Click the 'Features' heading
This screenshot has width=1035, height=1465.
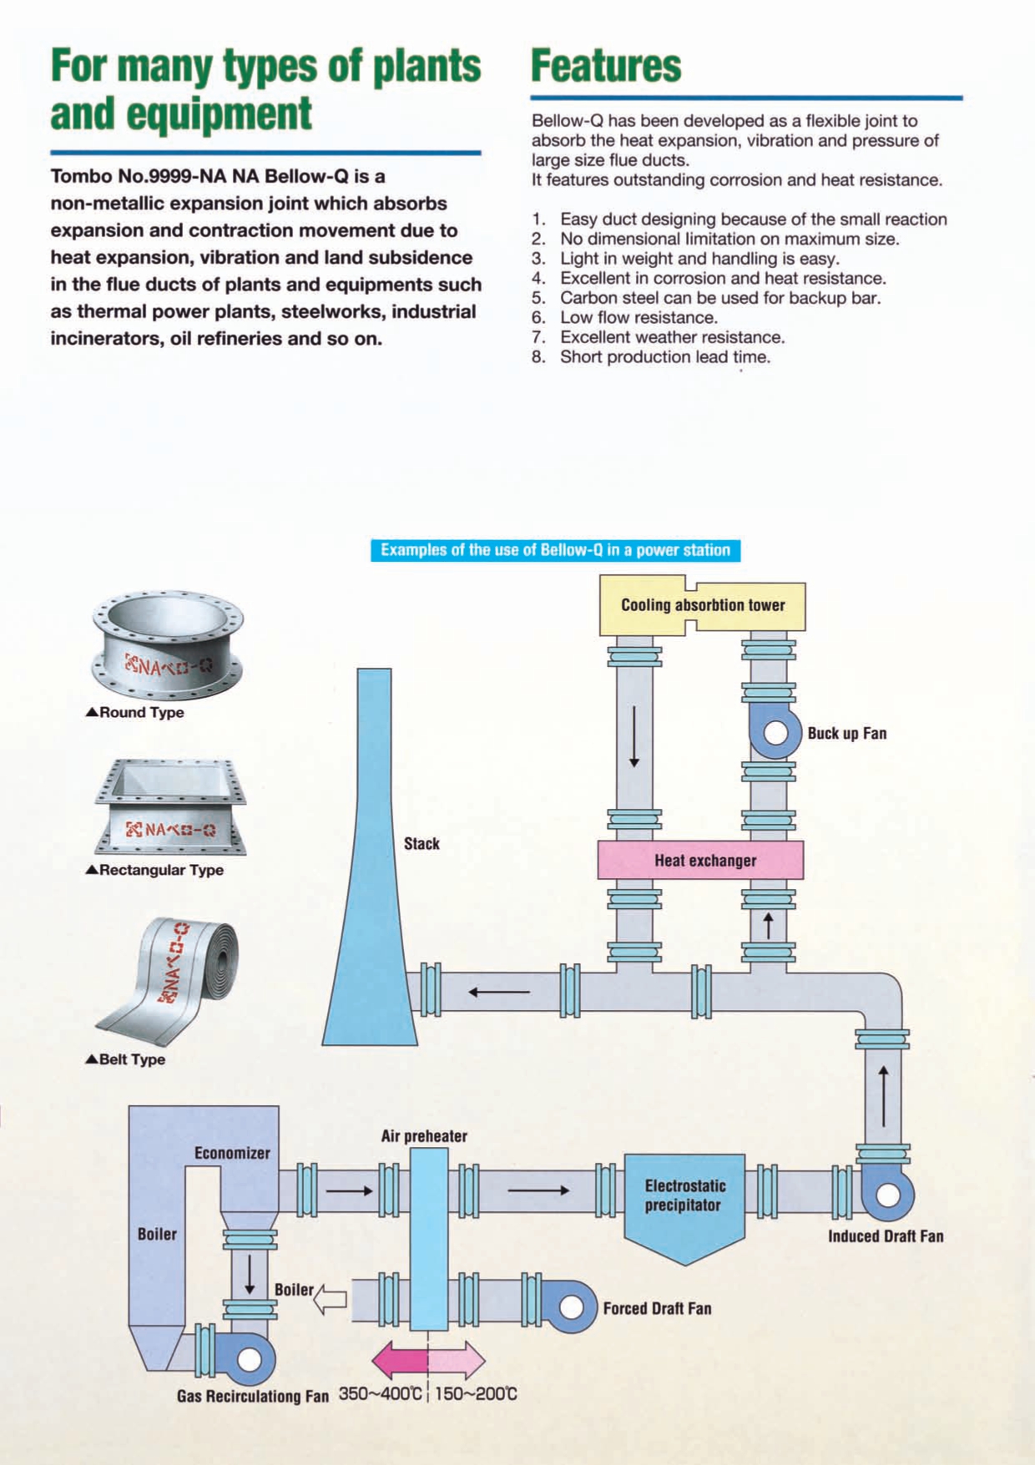(606, 66)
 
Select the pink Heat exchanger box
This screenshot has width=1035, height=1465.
(701, 860)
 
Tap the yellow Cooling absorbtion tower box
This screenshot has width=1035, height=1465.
(703, 605)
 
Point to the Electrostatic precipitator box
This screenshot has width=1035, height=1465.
(684, 1202)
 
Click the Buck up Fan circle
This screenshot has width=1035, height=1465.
(776, 732)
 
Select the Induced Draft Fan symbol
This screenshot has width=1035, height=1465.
(887, 1195)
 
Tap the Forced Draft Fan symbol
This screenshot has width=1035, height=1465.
(571, 1306)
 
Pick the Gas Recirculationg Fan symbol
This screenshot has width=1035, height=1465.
(249, 1359)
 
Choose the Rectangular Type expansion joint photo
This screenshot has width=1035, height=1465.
(171, 807)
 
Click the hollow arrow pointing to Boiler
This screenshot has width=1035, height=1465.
(331, 1298)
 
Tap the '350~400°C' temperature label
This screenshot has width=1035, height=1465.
(381, 1394)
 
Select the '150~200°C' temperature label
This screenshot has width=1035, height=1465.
(476, 1394)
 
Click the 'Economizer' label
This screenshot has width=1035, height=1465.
(232, 1153)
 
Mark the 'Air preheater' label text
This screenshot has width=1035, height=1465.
(424, 1136)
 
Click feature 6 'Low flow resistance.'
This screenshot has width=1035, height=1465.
(638, 317)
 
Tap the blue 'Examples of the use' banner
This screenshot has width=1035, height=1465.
(555, 550)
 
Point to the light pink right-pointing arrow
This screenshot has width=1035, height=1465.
(457, 1359)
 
